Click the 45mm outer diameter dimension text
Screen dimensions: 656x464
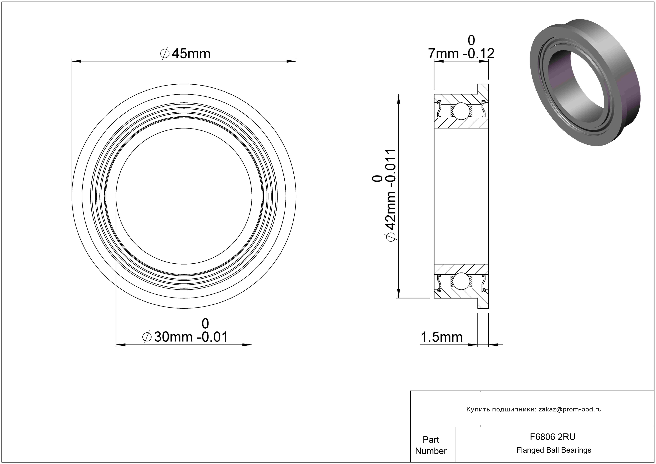pyautogui.click(x=186, y=54)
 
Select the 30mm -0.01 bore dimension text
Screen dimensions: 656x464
pyautogui.click(x=185, y=330)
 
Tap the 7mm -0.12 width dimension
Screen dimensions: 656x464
pyautogui.click(x=461, y=47)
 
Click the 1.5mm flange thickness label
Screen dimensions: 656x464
pyautogui.click(x=441, y=337)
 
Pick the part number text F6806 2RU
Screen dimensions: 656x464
pyautogui.click(x=553, y=437)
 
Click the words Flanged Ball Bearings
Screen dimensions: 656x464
pyautogui.click(x=554, y=450)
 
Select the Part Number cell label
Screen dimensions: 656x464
pyautogui.click(x=431, y=445)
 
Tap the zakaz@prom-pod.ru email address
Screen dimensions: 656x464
pyautogui.click(x=570, y=409)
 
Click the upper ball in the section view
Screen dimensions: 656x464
pyautogui.click(x=461, y=111)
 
